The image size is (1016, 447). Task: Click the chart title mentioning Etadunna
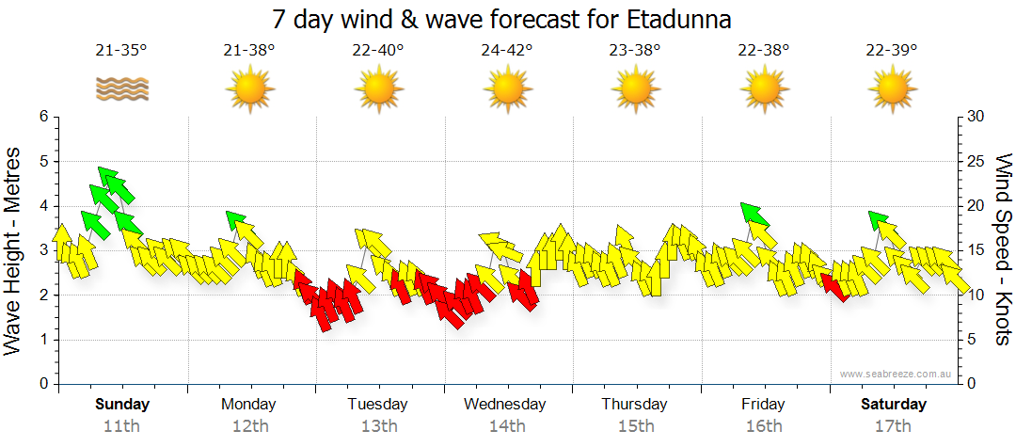(x=501, y=19)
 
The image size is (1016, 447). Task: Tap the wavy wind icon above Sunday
(x=121, y=89)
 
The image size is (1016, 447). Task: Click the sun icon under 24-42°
(x=507, y=90)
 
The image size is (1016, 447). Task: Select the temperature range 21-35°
(x=121, y=51)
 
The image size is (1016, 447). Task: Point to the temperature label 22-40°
(x=377, y=51)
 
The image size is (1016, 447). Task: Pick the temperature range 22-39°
(x=891, y=51)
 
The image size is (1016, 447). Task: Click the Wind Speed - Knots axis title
(x=1003, y=249)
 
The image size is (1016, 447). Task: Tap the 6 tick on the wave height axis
(x=42, y=117)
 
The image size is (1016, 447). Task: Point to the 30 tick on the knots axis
(x=976, y=117)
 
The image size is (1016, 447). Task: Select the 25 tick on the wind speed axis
(x=976, y=161)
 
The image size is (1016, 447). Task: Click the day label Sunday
(x=122, y=405)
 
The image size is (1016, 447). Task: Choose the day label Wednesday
(x=504, y=405)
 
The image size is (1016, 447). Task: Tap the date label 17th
(x=893, y=425)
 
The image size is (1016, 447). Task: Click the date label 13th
(x=378, y=425)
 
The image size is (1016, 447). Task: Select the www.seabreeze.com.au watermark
(x=896, y=374)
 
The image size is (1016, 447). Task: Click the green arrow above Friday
(x=754, y=216)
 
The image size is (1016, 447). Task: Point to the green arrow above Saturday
(x=880, y=221)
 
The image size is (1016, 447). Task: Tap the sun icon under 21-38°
(x=249, y=90)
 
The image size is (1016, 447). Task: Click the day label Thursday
(x=634, y=405)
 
